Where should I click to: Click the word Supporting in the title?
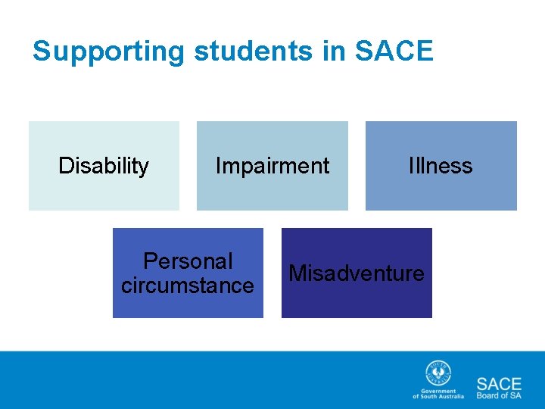pyautogui.click(x=108, y=52)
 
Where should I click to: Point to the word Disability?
pyautogui.click(x=104, y=166)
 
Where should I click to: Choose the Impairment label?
pyautogui.click(x=272, y=166)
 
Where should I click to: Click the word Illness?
pyautogui.click(x=441, y=166)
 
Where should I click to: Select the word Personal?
pyautogui.click(x=188, y=261)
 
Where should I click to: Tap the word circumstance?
pyautogui.click(x=188, y=286)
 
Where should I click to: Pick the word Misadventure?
pyautogui.click(x=357, y=273)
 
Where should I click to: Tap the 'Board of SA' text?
pyautogui.click(x=499, y=395)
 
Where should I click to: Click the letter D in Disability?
pyautogui.click(x=65, y=166)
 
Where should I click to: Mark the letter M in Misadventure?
pyautogui.click(x=297, y=273)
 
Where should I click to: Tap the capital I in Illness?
pyautogui.click(x=411, y=166)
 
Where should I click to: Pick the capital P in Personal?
pyautogui.click(x=150, y=261)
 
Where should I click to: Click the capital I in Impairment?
pyautogui.click(x=218, y=166)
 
